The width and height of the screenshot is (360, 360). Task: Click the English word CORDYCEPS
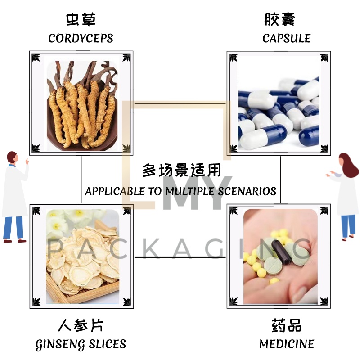click(x=81, y=38)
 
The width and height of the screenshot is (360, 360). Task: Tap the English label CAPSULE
click(x=286, y=38)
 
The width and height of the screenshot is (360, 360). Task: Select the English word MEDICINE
click(x=286, y=344)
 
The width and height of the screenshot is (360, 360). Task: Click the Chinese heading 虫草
click(x=81, y=19)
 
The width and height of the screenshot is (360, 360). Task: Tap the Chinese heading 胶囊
click(x=279, y=19)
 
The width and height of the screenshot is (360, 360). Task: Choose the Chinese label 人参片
click(x=81, y=325)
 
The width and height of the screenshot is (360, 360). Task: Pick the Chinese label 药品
click(x=286, y=325)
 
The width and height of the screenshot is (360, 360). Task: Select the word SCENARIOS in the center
click(x=247, y=191)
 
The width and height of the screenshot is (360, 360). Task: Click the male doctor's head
click(x=13, y=158)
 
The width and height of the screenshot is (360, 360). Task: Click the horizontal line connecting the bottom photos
click(x=180, y=257)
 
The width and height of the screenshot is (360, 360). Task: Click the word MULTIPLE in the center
click(x=189, y=191)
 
